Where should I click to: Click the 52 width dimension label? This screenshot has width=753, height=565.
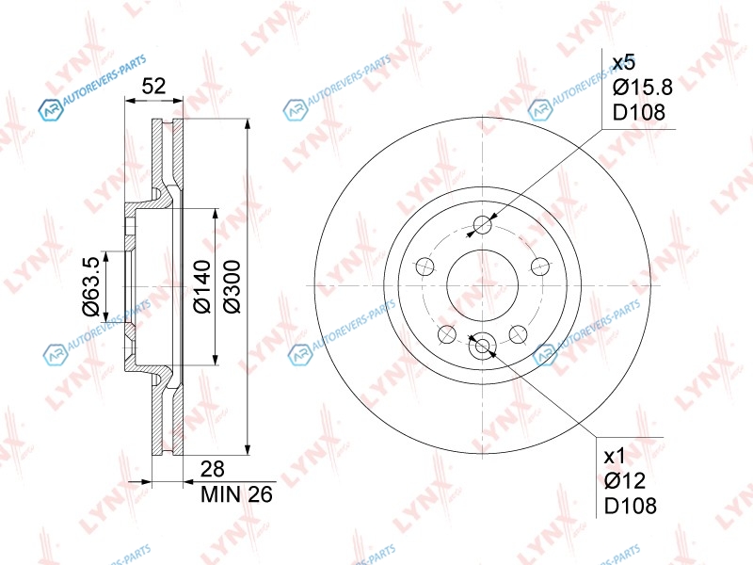click(153, 86)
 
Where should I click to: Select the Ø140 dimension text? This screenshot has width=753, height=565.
click(201, 287)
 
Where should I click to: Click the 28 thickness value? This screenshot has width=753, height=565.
click(213, 469)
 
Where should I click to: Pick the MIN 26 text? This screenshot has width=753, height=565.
click(236, 493)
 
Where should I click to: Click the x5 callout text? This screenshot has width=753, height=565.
click(624, 62)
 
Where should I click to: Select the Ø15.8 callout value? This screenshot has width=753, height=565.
click(643, 88)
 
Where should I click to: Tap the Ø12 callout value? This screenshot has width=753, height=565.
click(625, 480)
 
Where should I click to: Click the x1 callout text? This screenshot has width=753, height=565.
click(615, 456)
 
